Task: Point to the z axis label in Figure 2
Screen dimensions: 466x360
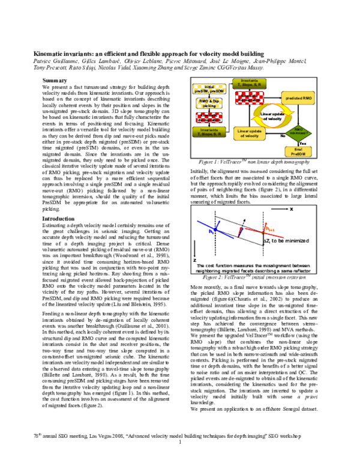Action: pos(194,259)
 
